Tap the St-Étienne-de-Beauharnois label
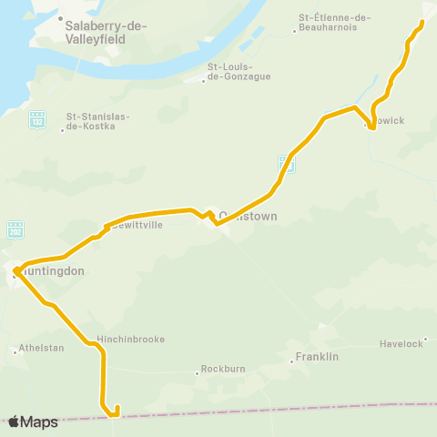coord(335,23)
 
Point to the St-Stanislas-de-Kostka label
coord(98,122)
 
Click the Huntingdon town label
coord(51,271)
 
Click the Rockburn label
coord(223,371)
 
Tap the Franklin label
coord(318,356)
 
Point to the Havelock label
coord(402,343)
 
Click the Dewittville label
coord(136,226)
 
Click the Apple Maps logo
coord(34,422)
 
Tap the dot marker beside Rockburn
coord(197,371)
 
